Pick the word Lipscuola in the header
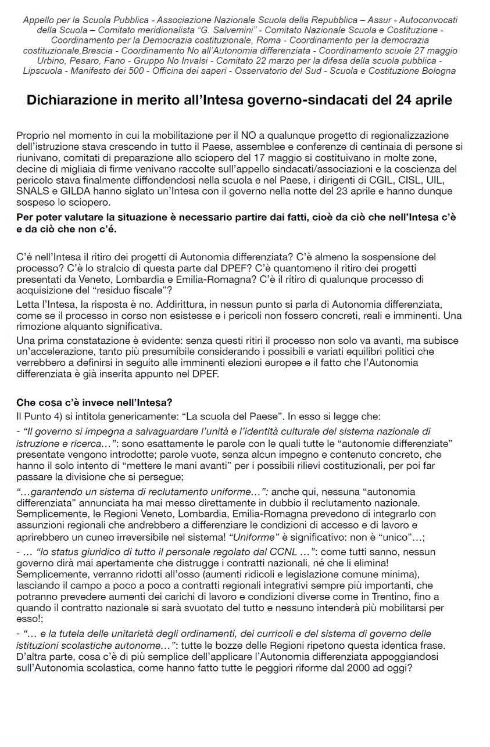[x=42, y=71]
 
